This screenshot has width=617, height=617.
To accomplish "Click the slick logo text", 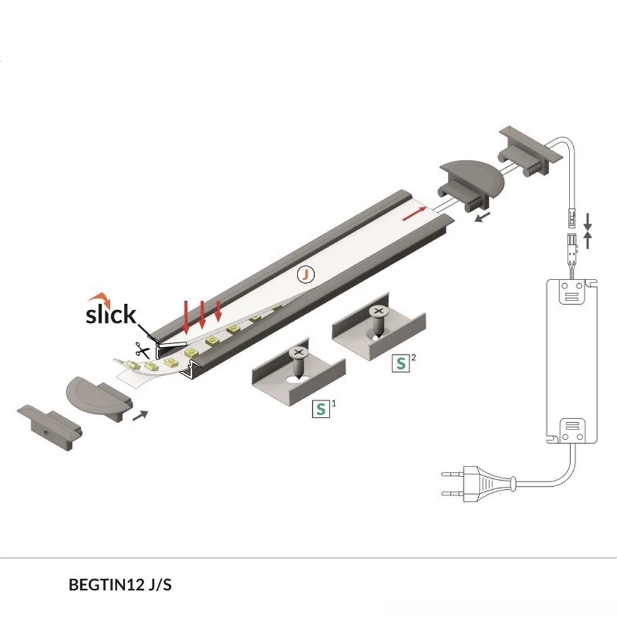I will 111,314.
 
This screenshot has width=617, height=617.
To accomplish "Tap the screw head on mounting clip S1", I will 299,352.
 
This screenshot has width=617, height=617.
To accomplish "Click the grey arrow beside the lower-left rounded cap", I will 141,415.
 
